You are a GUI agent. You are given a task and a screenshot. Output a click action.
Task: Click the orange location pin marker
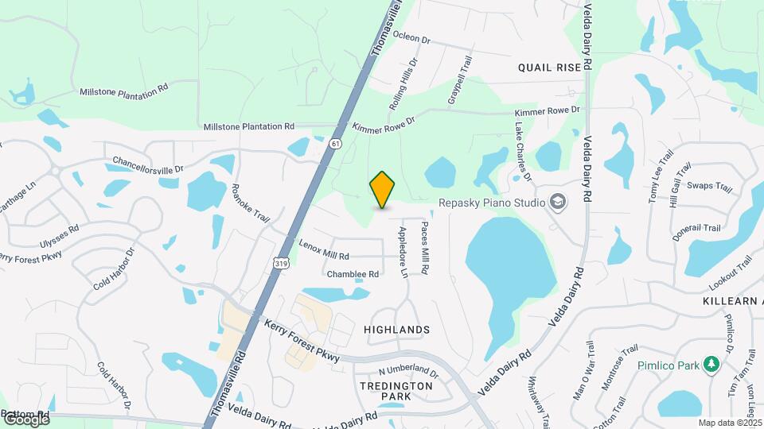pos(383,189)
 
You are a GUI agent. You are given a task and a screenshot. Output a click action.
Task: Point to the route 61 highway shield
pos(336,144)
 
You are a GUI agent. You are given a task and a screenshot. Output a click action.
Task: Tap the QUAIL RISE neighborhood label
pos(549,68)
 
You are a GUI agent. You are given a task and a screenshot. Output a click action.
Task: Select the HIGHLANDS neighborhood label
pos(396,329)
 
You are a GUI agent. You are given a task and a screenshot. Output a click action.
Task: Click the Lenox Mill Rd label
pos(324,249)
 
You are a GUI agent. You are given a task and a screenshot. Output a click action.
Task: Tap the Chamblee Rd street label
pos(352,274)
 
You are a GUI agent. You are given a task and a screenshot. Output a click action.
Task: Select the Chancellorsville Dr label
pos(148,164)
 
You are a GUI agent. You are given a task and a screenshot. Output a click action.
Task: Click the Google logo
pos(26,419)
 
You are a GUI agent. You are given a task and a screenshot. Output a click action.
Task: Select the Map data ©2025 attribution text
pos(730,423)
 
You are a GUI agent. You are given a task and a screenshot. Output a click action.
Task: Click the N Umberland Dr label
pos(408,371)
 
